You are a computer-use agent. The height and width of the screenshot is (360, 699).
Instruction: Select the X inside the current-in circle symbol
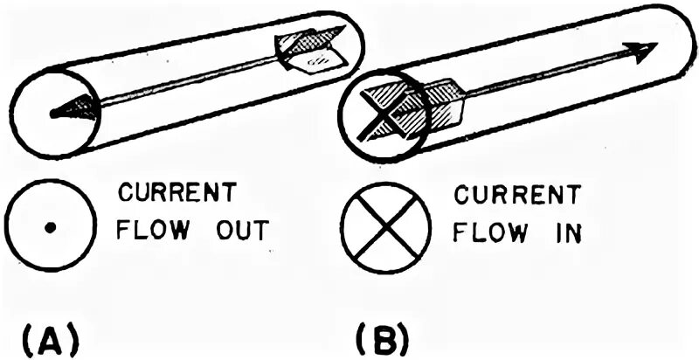coord(382,229)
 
